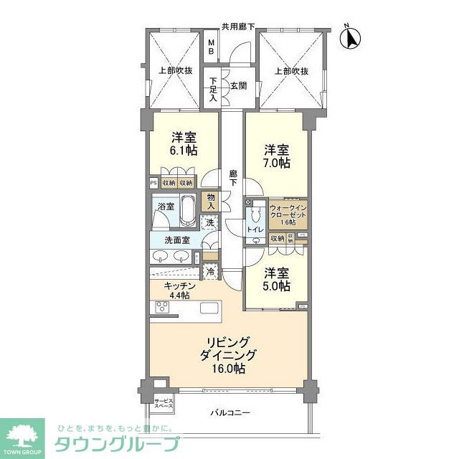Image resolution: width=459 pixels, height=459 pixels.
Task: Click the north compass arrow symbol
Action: [x=351, y=37]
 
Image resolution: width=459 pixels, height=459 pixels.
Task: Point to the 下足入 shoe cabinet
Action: [x=212, y=89]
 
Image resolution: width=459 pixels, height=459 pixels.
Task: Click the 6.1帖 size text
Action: [x=184, y=151]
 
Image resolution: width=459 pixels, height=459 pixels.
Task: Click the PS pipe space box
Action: [x=153, y=183]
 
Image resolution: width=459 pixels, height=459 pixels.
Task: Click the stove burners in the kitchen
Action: [x=163, y=308]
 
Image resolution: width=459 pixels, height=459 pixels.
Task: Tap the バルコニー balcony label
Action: [x=230, y=414]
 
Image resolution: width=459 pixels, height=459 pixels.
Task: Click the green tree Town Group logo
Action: [x=22, y=435]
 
